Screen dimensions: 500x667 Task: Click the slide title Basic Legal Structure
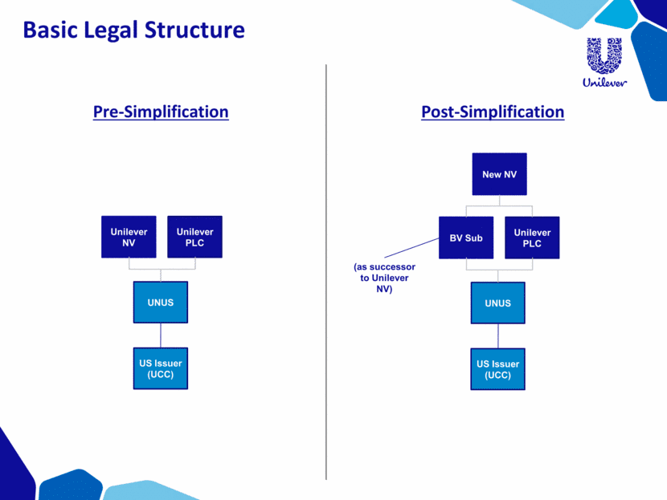pos(133,30)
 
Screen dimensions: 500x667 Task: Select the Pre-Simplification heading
pos(161,112)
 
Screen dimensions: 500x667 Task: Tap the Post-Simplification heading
pos(493,112)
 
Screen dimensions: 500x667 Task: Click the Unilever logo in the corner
pos(604,61)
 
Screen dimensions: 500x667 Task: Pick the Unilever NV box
pos(129,237)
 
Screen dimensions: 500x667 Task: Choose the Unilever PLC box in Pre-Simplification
pos(194,237)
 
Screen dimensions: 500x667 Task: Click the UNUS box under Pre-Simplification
pos(161,303)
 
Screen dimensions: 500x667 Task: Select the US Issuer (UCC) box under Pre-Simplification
pos(161,369)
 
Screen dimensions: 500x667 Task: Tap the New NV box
pos(499,174)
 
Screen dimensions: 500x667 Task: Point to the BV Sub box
pos(466,238)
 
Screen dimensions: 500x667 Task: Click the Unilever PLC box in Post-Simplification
pos(532,238)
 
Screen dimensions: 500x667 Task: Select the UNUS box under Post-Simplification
pos(497,303)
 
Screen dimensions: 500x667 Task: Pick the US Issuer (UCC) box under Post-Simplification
pos(497,369)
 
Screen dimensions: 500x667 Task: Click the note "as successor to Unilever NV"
pos(384,278)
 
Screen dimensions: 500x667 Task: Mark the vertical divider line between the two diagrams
pos(326,273)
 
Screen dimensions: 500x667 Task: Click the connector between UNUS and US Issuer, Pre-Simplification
pos(161,335)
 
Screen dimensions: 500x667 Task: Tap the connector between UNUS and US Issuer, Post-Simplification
pos(497,336)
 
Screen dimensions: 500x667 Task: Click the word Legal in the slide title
pos(120,30)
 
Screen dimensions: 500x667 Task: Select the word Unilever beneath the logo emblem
pos(604,81)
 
